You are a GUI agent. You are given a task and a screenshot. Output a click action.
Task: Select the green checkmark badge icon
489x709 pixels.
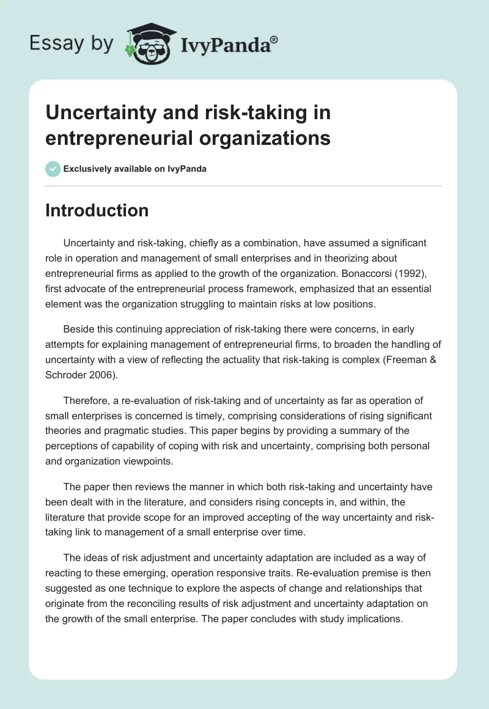tap(53, 169)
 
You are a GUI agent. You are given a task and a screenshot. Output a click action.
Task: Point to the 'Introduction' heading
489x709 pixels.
tap(97, 210)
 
